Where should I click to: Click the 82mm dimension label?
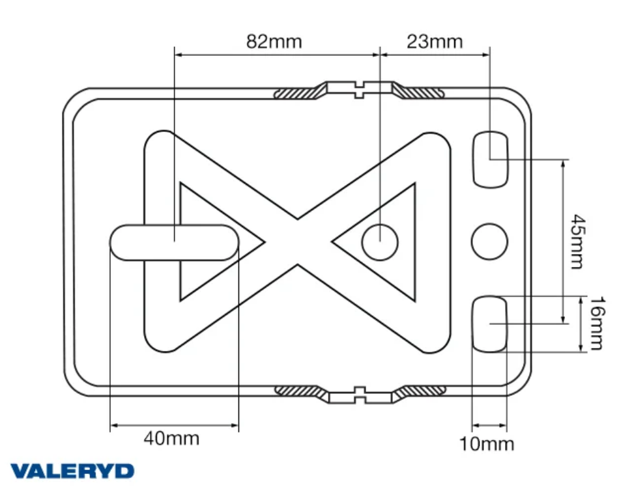[x=274, y=42]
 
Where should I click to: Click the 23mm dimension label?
[x=435, y=42]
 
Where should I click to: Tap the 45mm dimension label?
[x=578, y=242]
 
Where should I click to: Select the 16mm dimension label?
[x=597, y=324]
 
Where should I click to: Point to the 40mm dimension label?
[x=172, y=438]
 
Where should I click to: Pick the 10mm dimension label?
[x=487, y=444]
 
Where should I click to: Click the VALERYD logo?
[x=72, y=471]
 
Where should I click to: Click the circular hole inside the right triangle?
[x=380, y=242]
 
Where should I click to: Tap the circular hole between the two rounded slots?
[x=489, y=242]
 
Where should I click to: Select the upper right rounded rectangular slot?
[x=490, y=159]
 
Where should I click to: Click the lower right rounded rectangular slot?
[x=489, y=324]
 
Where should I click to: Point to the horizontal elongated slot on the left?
[x=175, y=242]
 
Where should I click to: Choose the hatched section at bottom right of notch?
[x=420, y=393]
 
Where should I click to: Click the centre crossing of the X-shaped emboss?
[x=298, y=242]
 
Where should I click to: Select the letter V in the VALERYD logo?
[x=20, y=471]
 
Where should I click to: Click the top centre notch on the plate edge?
[x=360, y=89]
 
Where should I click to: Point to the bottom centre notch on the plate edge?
[x=360, y=395]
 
